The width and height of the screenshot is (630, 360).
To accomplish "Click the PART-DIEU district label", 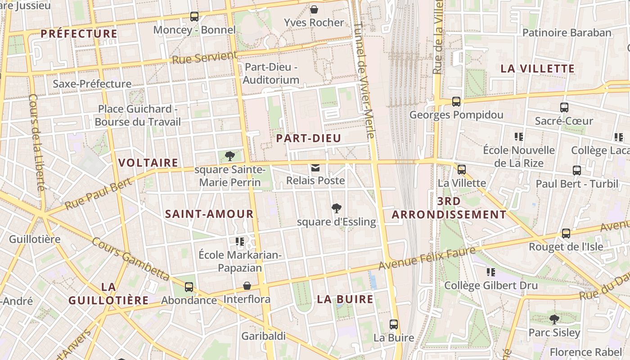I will pos(309,138).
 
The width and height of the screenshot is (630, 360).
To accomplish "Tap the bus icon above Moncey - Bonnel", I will pos(194,17).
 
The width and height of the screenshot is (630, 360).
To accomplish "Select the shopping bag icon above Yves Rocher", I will pos(314,9).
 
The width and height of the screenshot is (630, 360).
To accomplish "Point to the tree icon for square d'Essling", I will pos(336,208).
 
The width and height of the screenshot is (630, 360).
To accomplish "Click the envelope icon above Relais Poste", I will pos(315,168).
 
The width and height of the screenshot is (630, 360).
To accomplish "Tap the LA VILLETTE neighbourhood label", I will pos(538,69).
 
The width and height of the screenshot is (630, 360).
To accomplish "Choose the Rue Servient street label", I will pos(205,58).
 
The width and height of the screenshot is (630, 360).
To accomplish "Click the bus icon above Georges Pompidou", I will pos(456,102).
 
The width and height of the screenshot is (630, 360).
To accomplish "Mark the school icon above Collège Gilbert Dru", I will pos(490,272).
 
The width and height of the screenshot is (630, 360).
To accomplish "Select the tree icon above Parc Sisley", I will pos(554,319).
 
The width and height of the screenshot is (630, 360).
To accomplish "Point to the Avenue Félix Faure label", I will pos(427,259).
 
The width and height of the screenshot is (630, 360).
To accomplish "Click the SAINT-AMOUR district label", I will pos(209,214).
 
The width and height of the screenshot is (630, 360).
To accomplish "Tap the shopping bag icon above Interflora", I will pos(247,286).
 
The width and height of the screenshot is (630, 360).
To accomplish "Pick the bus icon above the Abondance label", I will pos(189,287).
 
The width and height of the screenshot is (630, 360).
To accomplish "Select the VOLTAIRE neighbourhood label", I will pos(148,163).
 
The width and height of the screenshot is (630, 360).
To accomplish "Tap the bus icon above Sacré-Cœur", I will pos(564,108).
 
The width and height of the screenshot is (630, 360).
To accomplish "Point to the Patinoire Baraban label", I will pos(567,33).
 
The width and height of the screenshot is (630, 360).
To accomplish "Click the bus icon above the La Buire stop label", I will pos(394,324).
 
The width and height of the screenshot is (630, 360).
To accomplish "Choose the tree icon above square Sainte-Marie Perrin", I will pos(230,156).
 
